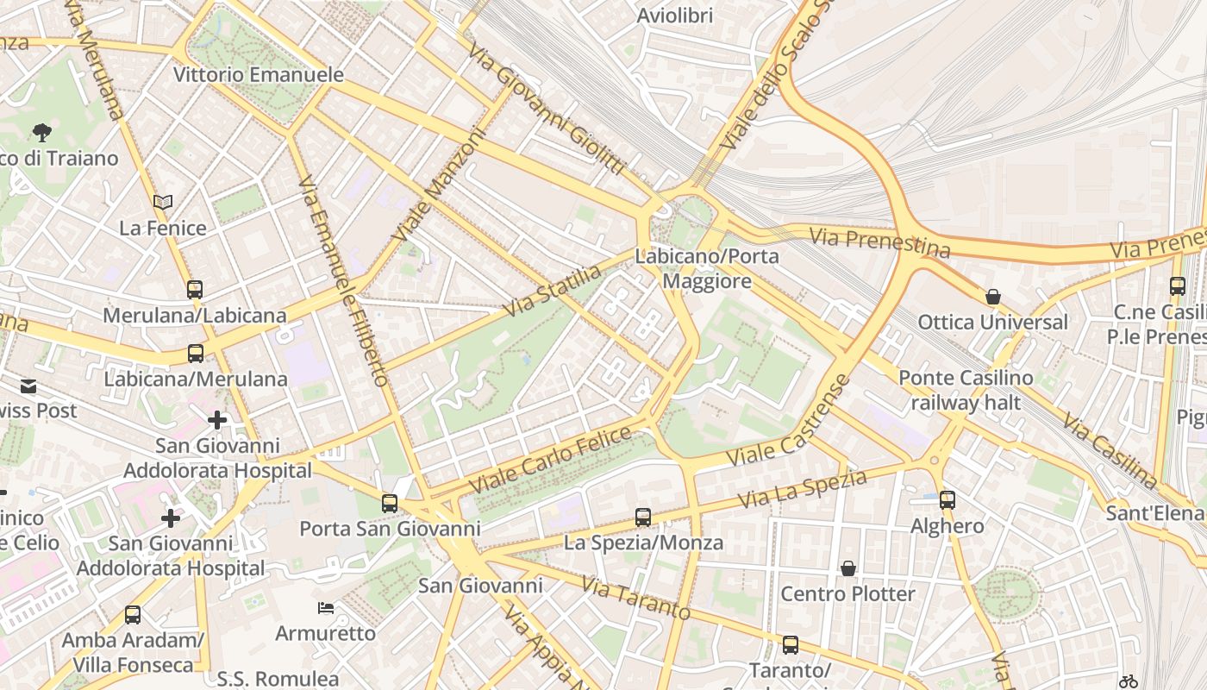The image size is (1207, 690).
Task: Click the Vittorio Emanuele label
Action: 259,75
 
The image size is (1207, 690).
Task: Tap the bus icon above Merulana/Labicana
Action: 195,289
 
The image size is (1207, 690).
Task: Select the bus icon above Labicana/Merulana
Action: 196,353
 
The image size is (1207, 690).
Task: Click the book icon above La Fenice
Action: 163,202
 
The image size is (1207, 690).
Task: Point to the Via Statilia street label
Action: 553,291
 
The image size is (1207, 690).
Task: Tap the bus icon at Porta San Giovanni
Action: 390,503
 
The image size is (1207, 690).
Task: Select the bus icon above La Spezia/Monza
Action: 643,517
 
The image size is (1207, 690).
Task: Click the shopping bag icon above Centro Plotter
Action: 848,568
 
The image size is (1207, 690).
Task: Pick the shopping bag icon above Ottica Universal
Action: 993,297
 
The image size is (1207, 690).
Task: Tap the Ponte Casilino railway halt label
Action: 966,390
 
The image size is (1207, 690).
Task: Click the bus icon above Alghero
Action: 947,499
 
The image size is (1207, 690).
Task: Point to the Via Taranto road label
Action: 635,598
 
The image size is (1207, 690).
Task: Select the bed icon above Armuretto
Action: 326,608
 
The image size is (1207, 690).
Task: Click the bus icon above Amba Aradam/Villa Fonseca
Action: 133,615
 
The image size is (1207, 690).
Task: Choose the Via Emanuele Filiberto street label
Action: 343,280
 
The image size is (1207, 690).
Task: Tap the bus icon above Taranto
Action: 790,645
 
